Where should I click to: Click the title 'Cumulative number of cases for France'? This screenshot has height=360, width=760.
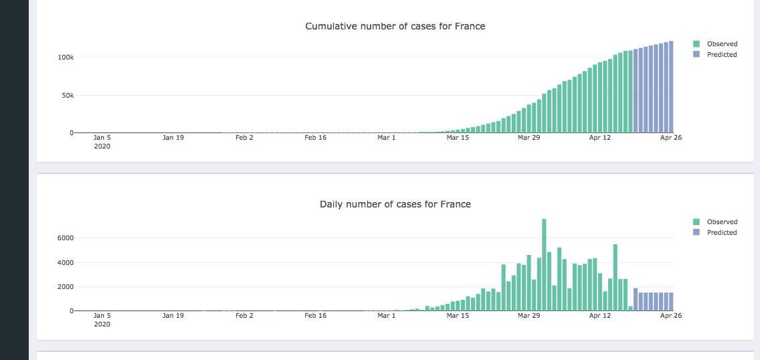click(x=395, y=26)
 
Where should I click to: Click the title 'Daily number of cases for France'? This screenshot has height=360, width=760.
click(x=395, y=204)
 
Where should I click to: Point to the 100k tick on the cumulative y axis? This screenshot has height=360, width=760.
click(x=65, y=58)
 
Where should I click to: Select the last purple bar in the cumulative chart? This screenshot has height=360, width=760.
click(x=670, y=87)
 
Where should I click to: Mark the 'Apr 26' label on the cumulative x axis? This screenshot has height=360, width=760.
click(x=671, y=137)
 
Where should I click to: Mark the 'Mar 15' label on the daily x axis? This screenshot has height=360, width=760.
click(x=458, y=315)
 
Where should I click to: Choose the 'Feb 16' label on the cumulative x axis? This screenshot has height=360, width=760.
click(x=315, y=137)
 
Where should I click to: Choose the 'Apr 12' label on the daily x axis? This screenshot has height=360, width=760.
click(x=599, y=315)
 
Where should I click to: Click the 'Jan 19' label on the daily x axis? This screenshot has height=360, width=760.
click(x=173, y=315)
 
